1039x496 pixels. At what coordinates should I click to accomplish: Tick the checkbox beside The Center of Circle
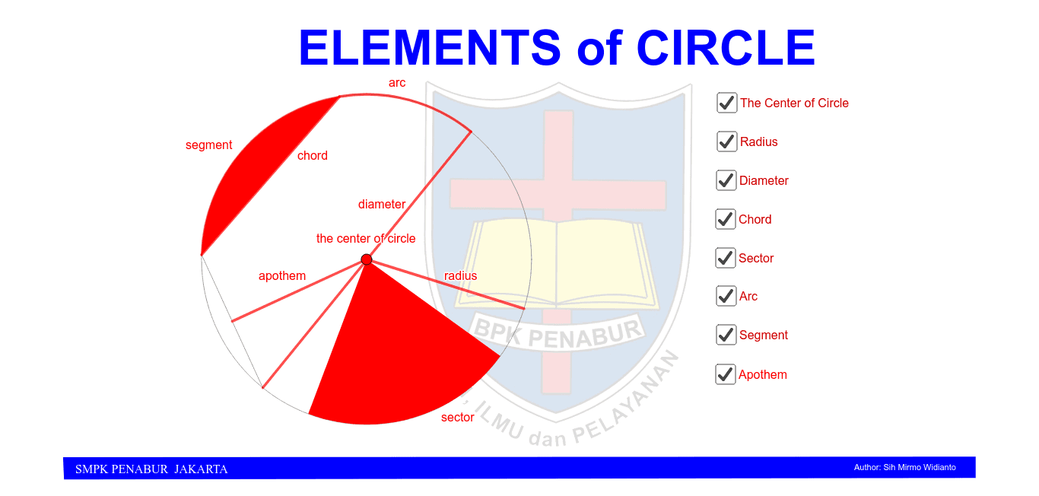point(727,103)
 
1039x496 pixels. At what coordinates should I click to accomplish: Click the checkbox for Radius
point(727,141)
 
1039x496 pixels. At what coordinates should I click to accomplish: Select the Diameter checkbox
point(726,180)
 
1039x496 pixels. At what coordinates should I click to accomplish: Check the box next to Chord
point(726,219)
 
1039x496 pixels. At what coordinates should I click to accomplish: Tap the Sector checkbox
point(726,258)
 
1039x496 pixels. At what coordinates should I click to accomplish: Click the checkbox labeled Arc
point(726,296)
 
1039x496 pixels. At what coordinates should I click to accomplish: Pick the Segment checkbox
point(726,335)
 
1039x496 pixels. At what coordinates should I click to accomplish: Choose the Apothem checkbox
point(726,374)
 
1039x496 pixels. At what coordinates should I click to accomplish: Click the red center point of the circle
point(367,259)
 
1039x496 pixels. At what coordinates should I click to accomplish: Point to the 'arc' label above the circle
point(397,83)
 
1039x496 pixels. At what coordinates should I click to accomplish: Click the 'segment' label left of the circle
point(209,145)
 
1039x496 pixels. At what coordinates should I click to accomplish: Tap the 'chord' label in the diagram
point(313,156)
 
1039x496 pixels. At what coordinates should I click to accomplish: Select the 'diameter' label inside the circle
point(382,205)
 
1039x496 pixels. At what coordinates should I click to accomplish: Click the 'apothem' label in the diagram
point(282,276)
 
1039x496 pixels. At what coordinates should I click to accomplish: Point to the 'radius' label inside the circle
point(461,276)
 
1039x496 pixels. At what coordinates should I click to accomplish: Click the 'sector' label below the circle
point(458,418)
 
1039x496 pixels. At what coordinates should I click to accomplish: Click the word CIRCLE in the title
point(726,48)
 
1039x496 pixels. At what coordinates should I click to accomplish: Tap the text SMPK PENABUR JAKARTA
point(151,469)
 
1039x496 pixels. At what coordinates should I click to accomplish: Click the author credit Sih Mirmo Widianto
point(905,467)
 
